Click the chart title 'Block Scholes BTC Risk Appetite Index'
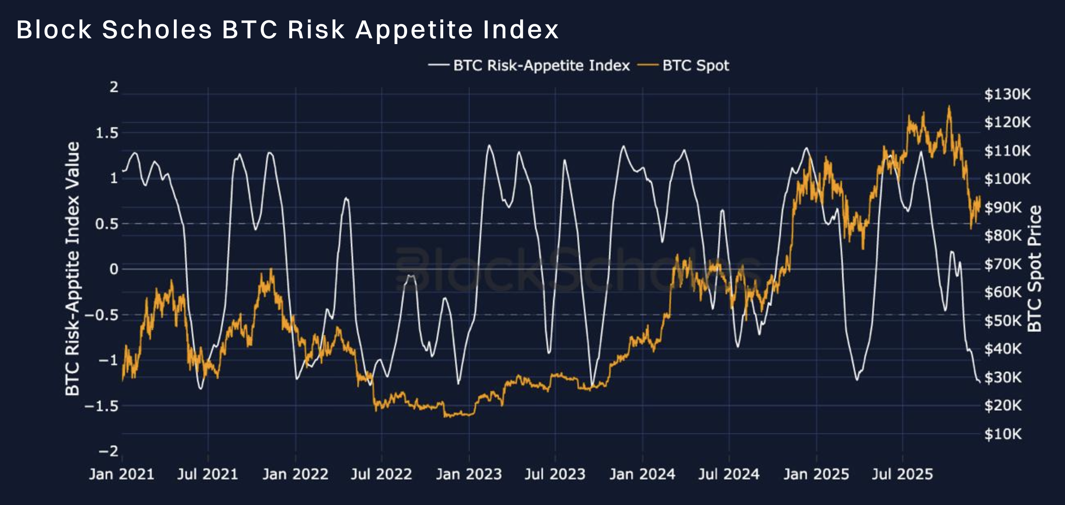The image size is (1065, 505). [x=287, y=30]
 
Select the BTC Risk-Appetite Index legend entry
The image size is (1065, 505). [x=529, y=65]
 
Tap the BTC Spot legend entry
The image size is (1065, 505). [x=683, y=65]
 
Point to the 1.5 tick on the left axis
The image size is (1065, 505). [x=107, y=133]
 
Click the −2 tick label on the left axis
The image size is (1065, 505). [x=109, y=451]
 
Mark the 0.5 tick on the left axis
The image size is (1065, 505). [x=107, y=224]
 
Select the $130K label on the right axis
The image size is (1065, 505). [x=1008, y=94]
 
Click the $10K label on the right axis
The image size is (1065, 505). [x=1003, y=434]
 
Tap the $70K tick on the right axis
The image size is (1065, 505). [x=1003, y=264]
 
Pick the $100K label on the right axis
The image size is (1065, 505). [x=1008, y=179]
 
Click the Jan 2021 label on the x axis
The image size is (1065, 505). [x=121, y=474]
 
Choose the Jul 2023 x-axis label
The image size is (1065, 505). [x=555, y=474]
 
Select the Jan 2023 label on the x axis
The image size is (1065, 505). [x=469, y=474]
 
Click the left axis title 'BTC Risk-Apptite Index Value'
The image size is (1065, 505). [x=72, y=269]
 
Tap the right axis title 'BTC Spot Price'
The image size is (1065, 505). [x=1034, y=269]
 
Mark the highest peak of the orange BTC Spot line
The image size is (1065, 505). [x=949, y=106]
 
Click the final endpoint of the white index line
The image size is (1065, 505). [x=979, y=382]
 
